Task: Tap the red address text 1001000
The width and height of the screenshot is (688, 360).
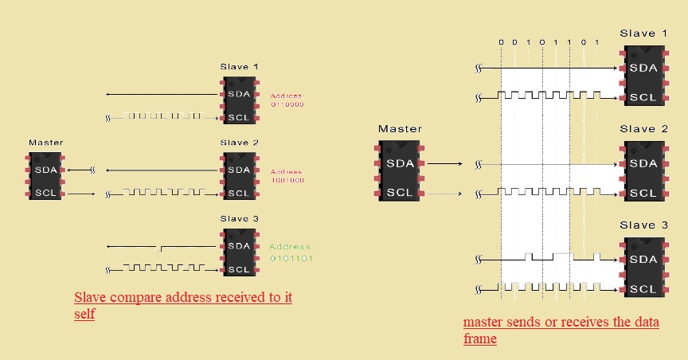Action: [287, 181]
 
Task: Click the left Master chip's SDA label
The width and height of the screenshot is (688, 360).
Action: [46, 169]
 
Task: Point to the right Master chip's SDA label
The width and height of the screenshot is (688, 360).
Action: [400, 163]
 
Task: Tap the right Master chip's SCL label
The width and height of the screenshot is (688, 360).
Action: [400, 193]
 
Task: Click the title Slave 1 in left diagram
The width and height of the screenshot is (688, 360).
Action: [239, 67]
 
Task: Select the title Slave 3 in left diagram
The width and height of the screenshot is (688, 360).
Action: [239, 219]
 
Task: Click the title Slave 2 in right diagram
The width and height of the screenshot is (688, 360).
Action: [643, 129]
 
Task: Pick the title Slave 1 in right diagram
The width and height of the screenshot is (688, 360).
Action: [643, 33]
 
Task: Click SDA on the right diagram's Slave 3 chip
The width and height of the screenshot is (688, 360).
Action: [643, 260]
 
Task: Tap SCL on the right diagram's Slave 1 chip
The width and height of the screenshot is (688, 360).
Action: [643, 96]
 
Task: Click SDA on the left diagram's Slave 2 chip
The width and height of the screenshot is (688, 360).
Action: [239, 169]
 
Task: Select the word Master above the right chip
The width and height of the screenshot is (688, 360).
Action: [400, 128]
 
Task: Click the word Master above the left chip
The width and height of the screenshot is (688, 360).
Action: [46, 143]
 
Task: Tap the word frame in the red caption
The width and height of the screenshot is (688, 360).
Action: [480, 339]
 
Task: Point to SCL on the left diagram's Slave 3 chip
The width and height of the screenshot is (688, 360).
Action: [239, 269]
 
